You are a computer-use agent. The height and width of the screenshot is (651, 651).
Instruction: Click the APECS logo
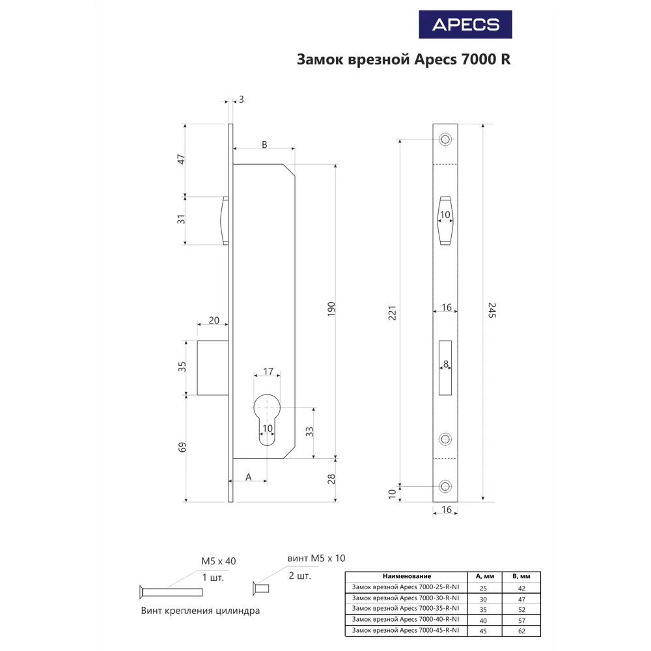pyautogui.click(x=465, y=25)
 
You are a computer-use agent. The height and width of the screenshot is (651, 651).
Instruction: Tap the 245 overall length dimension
pyautogui.click(x=491, y=312)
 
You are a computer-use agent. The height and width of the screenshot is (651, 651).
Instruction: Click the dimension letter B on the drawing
pyautogui.click(x=264, y=145)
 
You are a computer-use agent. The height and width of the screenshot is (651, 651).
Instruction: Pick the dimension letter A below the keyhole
pyautogui.click(x=248, y=477)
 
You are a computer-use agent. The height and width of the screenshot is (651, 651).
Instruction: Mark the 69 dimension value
pyautogui.click(x=183, y=447)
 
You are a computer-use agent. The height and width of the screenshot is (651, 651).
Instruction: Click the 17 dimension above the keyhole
pyautogui.click(x=267, y=372)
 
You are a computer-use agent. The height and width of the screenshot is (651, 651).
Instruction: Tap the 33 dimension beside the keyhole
pyautogui.click(x=309, y=432)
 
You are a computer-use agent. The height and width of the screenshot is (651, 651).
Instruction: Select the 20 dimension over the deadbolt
pyautogui.click(x=214, y=320)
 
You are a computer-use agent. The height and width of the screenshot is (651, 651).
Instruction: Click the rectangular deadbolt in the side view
pyautogui.click(x=212, y=367)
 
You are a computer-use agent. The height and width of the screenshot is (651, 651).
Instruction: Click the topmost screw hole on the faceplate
pyautogui.click(x=445, y=139)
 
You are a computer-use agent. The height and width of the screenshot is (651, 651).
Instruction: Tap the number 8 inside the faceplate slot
pyautogui.click(x=445, y=365)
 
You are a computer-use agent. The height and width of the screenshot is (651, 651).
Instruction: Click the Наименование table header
pyautogui.click(x=406, y=576)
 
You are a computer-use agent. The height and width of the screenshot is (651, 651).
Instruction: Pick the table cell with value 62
pyautogui.click(x=521, y=631)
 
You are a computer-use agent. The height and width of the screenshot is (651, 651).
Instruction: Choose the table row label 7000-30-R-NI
pyautogui.click(x=405, y=597)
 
